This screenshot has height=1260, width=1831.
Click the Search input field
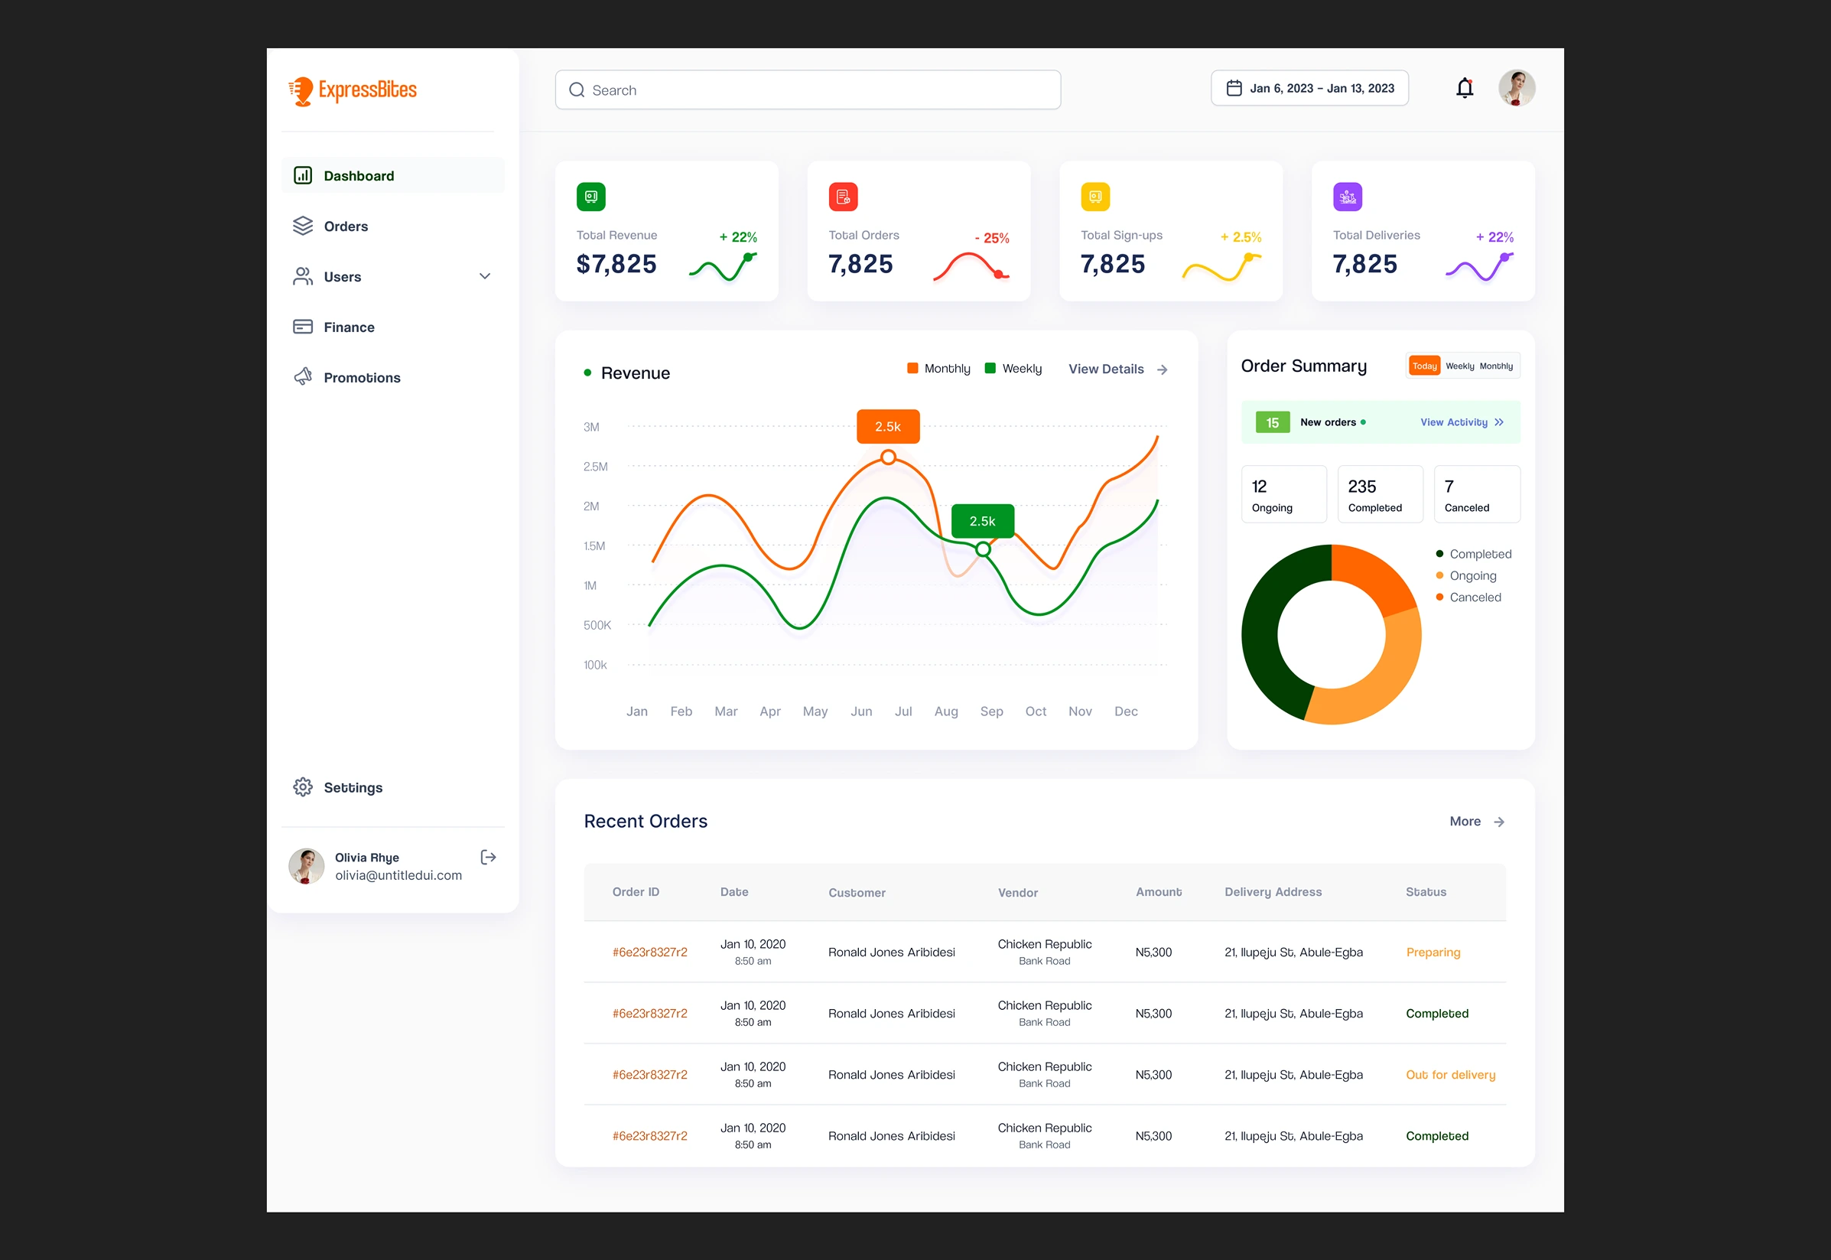pyautogui.click(x=808, y=90)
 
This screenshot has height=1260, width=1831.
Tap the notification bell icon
pyautogui.click(x=1464, y=88)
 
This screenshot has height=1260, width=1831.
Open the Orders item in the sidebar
pyautogui.click(x=346, y=226)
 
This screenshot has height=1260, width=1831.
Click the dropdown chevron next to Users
pyautogui.click(x=485, y=276)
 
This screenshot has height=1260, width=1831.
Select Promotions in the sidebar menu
pyautogui.click(x=362, y=378)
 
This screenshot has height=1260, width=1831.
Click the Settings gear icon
pyautogui.click(x=303, y=787)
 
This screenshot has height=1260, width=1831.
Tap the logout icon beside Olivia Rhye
pyautogui.click(x=489, y=858)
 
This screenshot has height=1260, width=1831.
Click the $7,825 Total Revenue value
pyautogui.click(x=616, y=265)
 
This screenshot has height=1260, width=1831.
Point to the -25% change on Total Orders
pyautogui.click(x=991, y=239)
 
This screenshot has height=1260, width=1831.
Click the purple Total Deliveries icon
pyautogui.click(x=1347, y=197)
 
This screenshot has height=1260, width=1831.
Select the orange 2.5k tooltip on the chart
pyautogui.click(x=888, y=426)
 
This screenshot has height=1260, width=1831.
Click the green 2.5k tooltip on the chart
pyautogui.click(x=983, y=521)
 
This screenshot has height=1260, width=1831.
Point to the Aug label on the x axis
pyautogui.click(x=945, y=711)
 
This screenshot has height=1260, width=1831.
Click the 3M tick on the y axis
pyautogui.click(x=591, y=427)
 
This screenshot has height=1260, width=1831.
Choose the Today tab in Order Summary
pyautogui.click(x=1424, y=366)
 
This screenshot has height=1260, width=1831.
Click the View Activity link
pyautogui.click(x=1461, y=422)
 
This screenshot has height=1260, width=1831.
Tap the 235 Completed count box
pyautogui.click(x=1380, y=494)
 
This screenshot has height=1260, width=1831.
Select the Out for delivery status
pyautogui.click(x=1450, y=1074)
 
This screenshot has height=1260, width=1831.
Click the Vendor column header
pyautogui.click(x=1017, y=893)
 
